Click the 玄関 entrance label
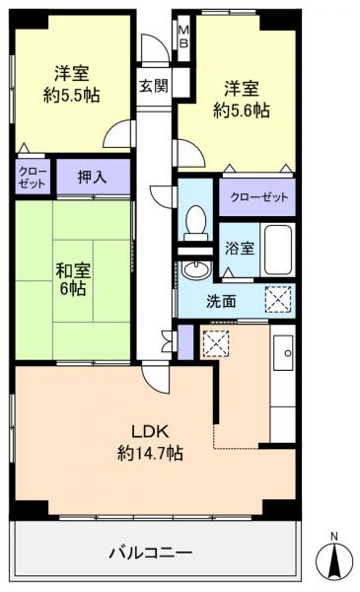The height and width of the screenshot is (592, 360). [153, 85]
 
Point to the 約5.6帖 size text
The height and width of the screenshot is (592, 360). [242, 111]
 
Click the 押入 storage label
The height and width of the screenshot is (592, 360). [94, 178]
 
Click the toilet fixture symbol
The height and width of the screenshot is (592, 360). [195, 221]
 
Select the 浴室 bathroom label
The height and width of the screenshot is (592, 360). [241, 249]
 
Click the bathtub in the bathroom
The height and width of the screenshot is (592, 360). [279, 248]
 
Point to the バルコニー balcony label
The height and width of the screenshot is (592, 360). [150, 552]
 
